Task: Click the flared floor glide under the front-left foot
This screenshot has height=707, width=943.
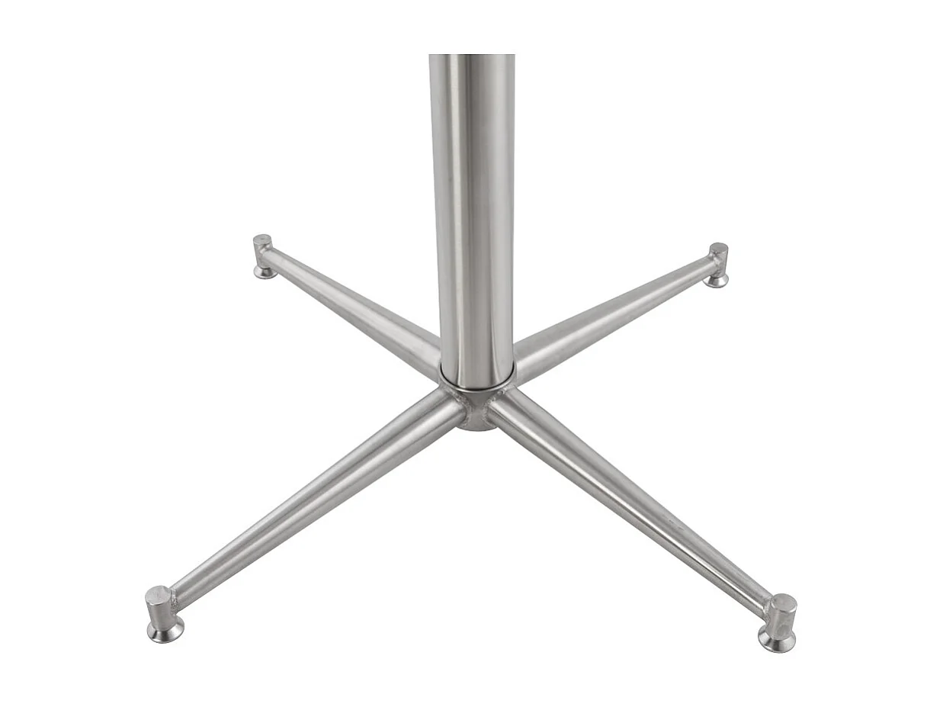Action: [x=165, y=631]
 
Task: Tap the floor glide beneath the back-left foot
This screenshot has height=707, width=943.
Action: [x=265, y=272]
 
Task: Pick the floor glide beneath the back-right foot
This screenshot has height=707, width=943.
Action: [x=716, y=281]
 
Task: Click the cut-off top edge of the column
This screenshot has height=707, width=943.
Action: [x=472, y=56]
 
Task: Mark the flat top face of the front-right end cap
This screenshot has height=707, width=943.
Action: [x=783, y=602]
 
